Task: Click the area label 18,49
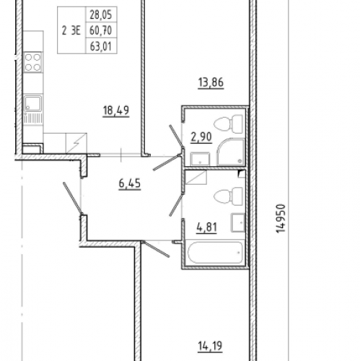pyautogui.click(x=116, y=110)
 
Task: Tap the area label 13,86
pyautogui.click(x=211, y=82)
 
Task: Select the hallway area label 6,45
pyautogui.click(x=130, y=183)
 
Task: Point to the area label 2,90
pyautogui.click(x=201, y=137)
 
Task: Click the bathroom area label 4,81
pyautogui.click(x=206, y=227)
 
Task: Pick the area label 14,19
pyautogui.click(x=210, y=347)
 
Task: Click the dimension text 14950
pyautogui.click(x=281, y=219)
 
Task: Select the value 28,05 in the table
pyautogui.click(x=101, y=15)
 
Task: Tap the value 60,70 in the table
pyautogui.click(x=101, y=30)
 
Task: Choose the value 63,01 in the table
pyautogui.click(x=101, y=46)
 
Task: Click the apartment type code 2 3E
pyautogui.click(x=71, y=31)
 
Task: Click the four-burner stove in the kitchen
pyautogui.click(x=33, y=62)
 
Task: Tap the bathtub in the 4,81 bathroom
pyautogui.click(x=215, y=253)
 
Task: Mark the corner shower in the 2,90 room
pyautogui.click(x=230, y=152)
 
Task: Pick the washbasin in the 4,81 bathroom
pyautogui.click(x=238, y=222)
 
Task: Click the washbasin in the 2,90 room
pyautogui.click(x=200, y=159)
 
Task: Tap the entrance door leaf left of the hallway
pyautogui.click(x=73, y=198)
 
